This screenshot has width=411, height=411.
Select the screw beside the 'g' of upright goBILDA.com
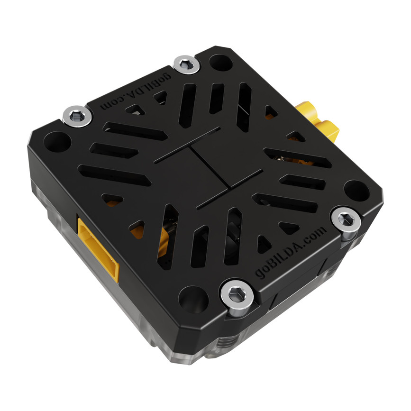pos(236,294)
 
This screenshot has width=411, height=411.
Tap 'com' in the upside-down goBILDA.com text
pos(110,105)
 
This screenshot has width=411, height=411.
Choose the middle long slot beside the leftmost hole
pos(113,150)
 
